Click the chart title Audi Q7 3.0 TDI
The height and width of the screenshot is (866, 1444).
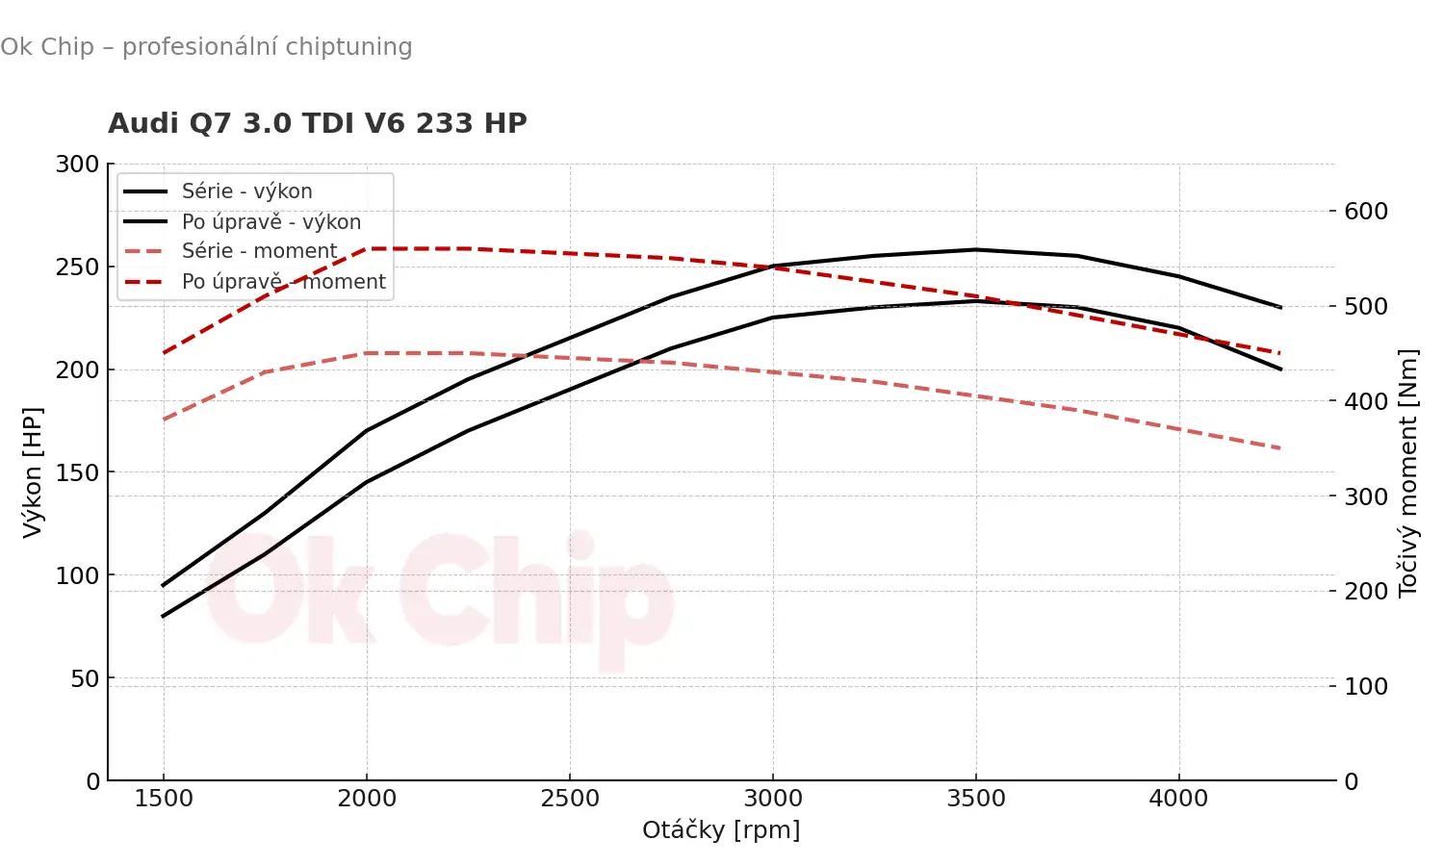pos(317,124)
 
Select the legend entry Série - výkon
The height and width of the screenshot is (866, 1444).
pos(246,191)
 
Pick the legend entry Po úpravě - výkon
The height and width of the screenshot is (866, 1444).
pos(271,222)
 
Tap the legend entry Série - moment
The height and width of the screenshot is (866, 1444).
pos(259,251)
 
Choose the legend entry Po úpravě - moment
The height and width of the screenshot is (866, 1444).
pos(283,282)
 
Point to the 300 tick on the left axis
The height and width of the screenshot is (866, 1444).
pos(77,165)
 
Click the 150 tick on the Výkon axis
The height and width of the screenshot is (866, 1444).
pos(77,472)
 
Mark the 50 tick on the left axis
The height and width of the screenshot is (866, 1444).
pos(85,678)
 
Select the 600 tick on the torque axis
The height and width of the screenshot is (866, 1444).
pos(1366,212)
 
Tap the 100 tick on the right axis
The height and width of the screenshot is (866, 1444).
pos(1366,687)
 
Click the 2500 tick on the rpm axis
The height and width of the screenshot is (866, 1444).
pos(570,799)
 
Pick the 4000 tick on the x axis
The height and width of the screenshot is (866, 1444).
pos(1178,799)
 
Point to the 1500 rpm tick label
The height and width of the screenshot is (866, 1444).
pos(164,799)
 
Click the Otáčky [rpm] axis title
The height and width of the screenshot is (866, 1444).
pos(721,830)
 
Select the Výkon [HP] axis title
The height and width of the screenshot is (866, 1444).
pos(33,471)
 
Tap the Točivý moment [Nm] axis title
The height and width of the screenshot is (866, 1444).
pos(1408,471)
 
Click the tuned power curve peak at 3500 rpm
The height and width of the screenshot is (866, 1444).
pos(976,250)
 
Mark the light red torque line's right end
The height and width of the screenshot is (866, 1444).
pos(1280,448)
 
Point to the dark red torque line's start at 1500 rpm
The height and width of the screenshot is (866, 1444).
pos(164,353)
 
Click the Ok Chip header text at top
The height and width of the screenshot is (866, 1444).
pos(206,46)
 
